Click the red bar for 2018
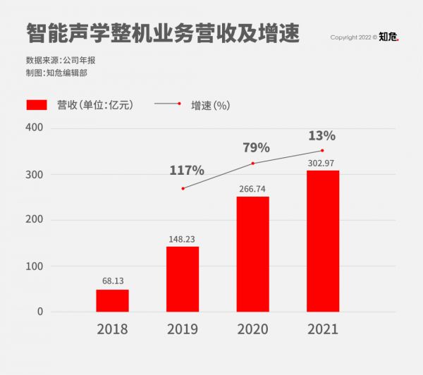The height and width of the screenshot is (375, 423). [112, 300]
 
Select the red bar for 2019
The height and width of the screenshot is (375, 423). [183, 279]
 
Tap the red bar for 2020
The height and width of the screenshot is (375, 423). [252, 254]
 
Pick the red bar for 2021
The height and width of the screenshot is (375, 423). [323, 241]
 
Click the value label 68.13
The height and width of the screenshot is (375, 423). [113, 281]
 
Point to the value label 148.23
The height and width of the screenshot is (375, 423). [183, 238]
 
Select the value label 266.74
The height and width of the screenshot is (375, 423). [252, 189]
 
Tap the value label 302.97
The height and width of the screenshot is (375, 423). [323, 164]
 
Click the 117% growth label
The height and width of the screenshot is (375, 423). [187, 170]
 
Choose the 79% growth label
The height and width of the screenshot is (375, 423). [257, 147]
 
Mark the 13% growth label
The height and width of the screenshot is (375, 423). [321, 135]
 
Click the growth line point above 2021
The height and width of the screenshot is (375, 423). [322, 150]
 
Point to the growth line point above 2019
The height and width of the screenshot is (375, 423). [183, 188]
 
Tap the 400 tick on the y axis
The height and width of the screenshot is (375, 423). [35, 128]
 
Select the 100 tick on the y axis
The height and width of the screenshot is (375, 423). [35, 266]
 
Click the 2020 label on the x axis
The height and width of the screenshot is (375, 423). [253, 329]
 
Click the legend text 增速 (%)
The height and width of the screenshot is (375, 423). [210, 105]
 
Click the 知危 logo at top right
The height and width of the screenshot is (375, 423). [388, 37]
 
